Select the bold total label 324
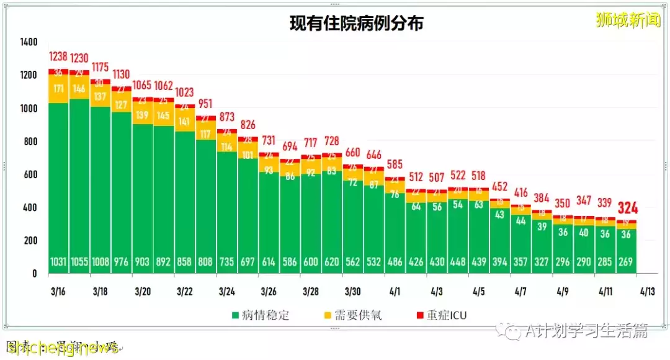point(627,208)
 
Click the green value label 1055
point(79,262)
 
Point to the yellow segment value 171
point(58,89)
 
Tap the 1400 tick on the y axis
point(28,42)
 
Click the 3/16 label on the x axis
point(58,291)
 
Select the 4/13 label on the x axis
point(646,291)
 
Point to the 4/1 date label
point(395,291)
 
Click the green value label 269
point(626,262)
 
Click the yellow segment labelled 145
point(164,115)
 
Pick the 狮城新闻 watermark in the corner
point(627,20)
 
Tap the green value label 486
point(395,262)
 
